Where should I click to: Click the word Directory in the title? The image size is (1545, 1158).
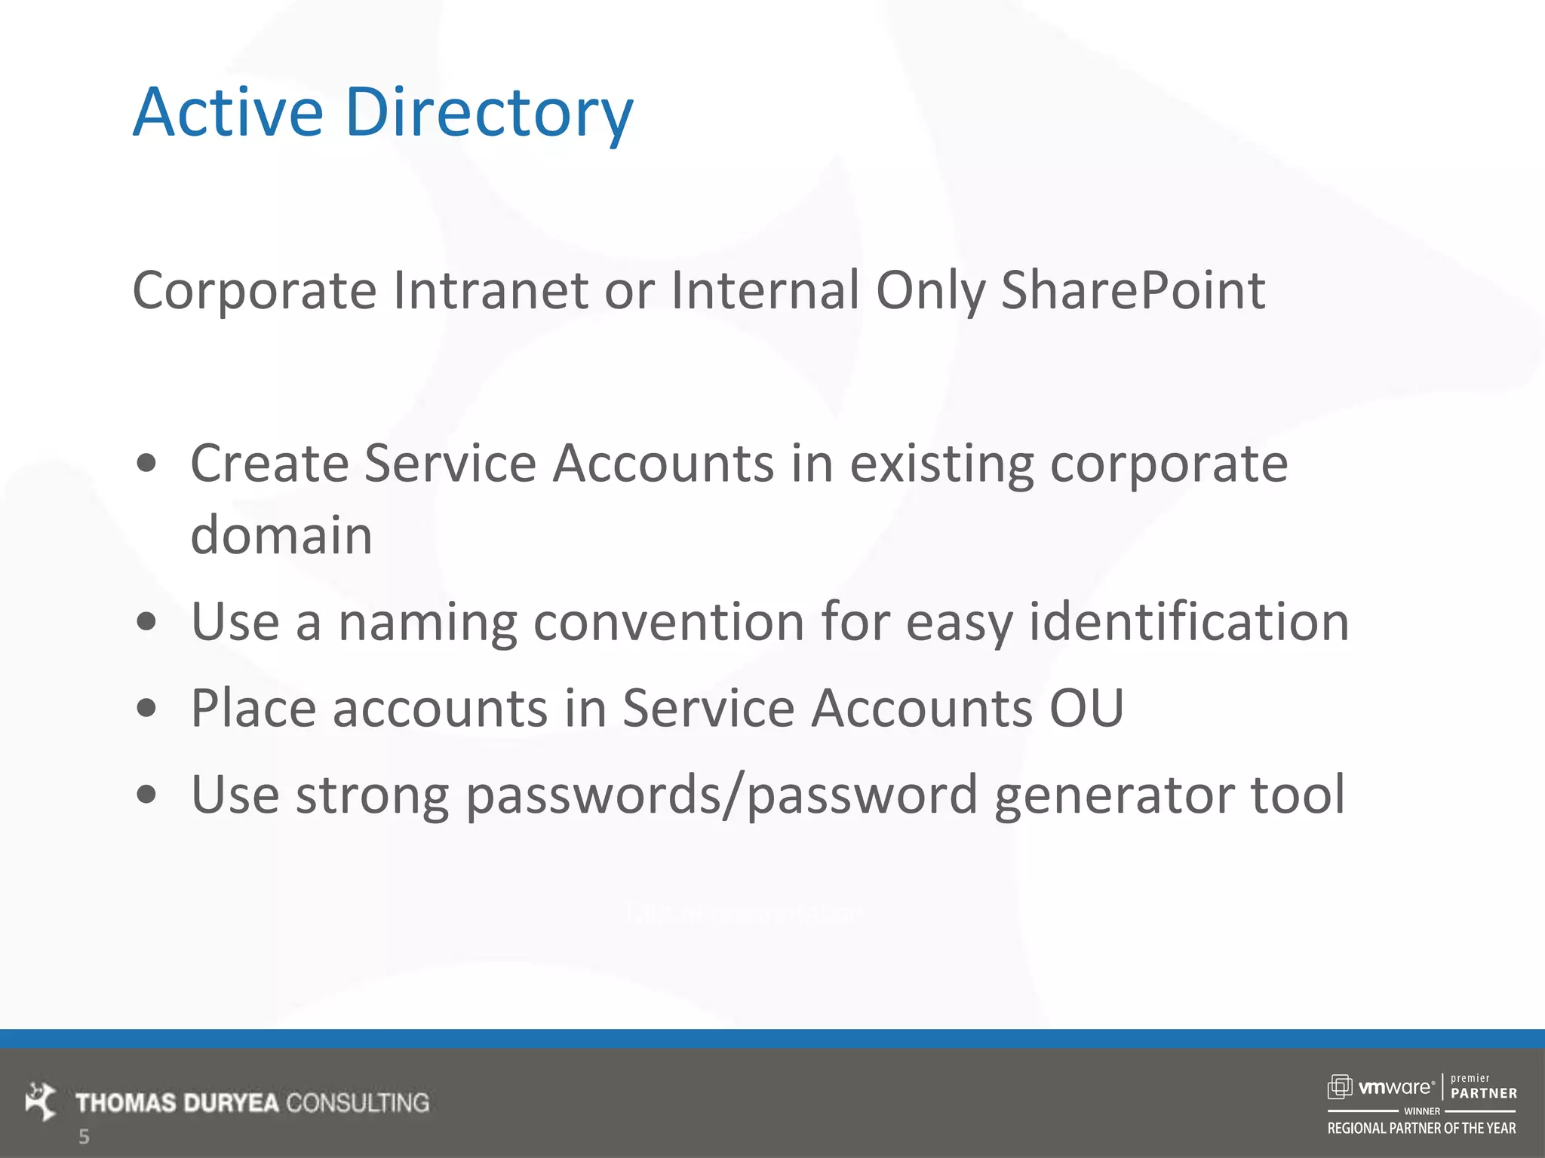[489, 113]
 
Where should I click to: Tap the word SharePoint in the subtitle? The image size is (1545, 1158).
[1132, 290]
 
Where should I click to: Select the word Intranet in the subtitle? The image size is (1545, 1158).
[490, 290]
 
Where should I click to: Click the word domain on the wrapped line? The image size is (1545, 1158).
[281, 535]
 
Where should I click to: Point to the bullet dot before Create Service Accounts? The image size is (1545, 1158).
[147, 463]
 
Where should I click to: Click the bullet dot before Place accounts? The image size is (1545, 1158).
[147, 708]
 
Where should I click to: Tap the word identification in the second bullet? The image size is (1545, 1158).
[1189, 622]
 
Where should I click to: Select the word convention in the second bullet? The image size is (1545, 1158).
[668, 622]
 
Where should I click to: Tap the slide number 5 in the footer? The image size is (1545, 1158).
[84, 1136]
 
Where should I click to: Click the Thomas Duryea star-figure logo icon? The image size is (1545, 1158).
[40, 1101]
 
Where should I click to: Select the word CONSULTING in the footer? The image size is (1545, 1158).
[358, 1103]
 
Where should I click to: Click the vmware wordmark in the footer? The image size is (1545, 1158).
[1395, 1087]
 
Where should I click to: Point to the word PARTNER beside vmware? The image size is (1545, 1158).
[1484, 1093]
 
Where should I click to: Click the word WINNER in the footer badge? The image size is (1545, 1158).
[1422, 1111]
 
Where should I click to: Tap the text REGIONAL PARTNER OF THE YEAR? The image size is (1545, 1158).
[1421, 1129]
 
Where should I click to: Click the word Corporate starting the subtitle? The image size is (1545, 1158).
[254, 290]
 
